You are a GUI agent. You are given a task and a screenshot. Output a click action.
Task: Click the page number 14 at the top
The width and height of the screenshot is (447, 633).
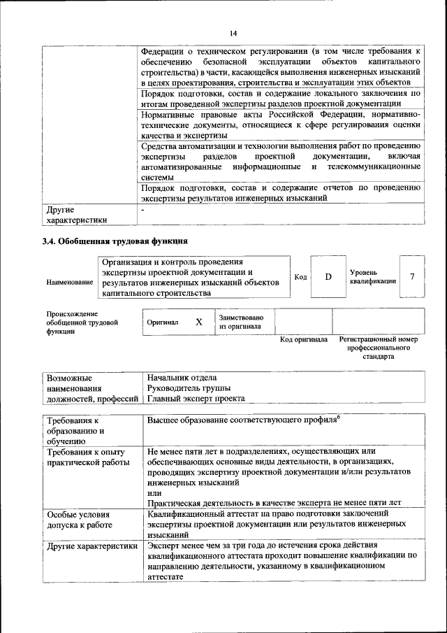(233, 34)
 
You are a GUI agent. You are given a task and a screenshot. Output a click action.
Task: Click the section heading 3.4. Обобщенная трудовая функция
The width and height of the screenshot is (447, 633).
(115, 242)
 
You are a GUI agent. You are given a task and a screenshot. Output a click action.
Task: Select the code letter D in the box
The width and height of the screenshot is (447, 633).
(328, 276)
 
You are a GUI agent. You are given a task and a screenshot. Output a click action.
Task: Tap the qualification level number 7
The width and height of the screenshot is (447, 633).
(412, 276)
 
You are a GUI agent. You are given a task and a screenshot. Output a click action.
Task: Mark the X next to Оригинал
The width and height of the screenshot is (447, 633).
(199, 322)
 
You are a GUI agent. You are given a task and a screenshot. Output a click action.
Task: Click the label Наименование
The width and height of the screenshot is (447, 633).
(70, 282)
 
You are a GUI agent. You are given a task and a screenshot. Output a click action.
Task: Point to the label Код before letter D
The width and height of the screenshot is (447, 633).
(300, 277)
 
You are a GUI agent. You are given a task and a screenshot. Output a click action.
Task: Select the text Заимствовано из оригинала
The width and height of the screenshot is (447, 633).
(241, 322)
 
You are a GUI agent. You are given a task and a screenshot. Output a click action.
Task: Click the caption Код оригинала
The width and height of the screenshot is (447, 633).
(304, 339)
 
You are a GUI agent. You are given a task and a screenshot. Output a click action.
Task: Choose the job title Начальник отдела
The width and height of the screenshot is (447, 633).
(182, 378)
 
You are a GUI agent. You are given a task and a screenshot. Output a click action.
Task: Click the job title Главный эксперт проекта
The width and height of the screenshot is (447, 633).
(196, 399)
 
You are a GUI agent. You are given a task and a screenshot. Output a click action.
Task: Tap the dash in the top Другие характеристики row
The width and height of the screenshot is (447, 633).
(142, 209)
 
